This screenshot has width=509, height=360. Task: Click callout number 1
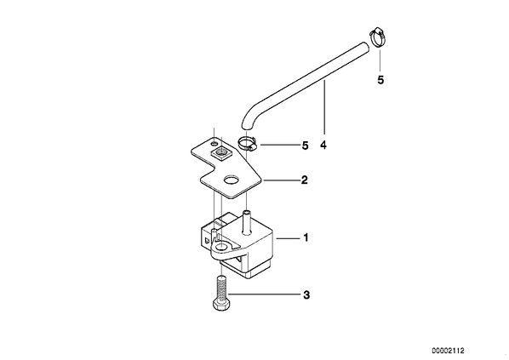tap(306, 238)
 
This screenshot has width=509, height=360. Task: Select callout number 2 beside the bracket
tap(304, 180)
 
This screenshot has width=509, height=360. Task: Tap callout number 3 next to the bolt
tap(306, 295)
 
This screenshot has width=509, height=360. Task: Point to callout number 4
tap(323, 145)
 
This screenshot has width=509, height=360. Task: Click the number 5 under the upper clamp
tap(380, 80)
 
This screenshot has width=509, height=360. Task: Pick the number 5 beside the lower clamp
tap(305, 146)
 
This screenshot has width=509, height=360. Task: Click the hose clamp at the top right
tap(378, 37)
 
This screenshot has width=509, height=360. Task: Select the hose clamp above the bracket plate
tap(248, 144)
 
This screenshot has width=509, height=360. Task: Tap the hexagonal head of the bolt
tap(221, 306)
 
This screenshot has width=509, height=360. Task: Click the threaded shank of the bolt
tap(221, 288)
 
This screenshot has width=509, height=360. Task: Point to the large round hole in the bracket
tap(232, 180)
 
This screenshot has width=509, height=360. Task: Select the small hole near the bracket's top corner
tap(214, 143)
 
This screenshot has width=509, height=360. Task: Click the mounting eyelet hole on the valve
tap(220, 247)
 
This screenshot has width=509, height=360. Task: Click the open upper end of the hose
tap(365, 48)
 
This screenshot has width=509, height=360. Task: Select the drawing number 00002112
tap(448, 351)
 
